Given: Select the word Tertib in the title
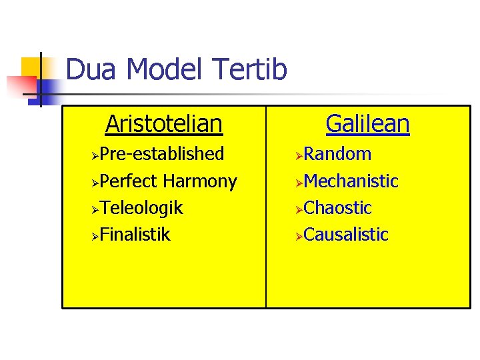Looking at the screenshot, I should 251,69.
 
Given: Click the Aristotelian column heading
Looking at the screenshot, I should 163,123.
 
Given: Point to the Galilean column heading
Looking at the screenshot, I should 367,123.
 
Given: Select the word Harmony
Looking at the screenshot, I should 199,181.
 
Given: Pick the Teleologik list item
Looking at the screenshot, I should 143,208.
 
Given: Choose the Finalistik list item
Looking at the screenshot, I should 136,235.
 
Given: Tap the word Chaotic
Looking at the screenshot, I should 337,208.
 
